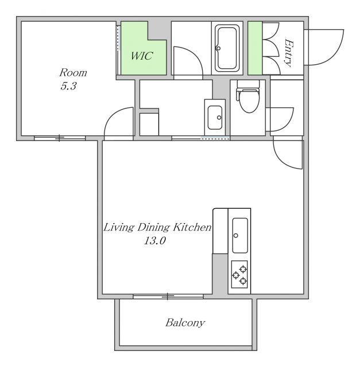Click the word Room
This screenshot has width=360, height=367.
pos(73,73)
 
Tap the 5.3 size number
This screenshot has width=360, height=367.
pos(68,86)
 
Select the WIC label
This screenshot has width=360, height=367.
pos(142,56)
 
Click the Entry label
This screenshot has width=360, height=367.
pos(288,53)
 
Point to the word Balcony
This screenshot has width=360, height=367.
pos(185,323)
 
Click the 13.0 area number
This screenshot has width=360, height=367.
pos(154,240)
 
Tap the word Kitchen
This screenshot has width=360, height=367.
pos(192,227)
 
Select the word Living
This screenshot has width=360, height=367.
pos(119,228)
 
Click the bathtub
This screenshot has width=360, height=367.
pos(227,48)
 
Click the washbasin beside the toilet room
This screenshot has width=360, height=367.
pos(215,118)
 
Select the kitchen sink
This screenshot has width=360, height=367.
pos(240,236)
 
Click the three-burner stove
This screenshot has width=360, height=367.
pos(239,274)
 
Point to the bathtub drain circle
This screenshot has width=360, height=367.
pos(218,48)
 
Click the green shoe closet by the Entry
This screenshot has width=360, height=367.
pos(255,48)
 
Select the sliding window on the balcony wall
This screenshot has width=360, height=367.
pos(168,296)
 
